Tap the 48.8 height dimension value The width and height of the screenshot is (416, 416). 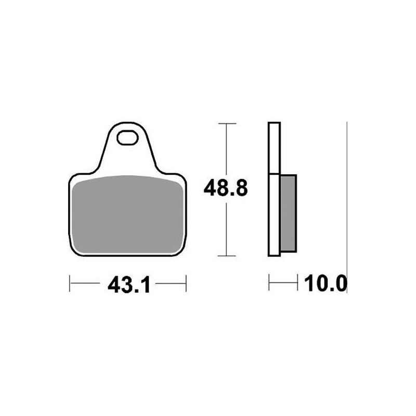point(226,188)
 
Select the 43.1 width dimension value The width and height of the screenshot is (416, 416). point(129,285)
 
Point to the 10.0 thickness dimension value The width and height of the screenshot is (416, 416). point(326,283)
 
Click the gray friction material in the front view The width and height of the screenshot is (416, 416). point(127,214)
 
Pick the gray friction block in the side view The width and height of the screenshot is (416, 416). point(289,213)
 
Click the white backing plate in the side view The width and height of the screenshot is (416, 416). point(274,189)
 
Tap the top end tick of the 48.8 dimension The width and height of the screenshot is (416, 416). point(227,124)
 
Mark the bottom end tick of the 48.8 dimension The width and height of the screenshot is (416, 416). point(227,256)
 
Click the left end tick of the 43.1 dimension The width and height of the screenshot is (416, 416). point(70,283)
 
